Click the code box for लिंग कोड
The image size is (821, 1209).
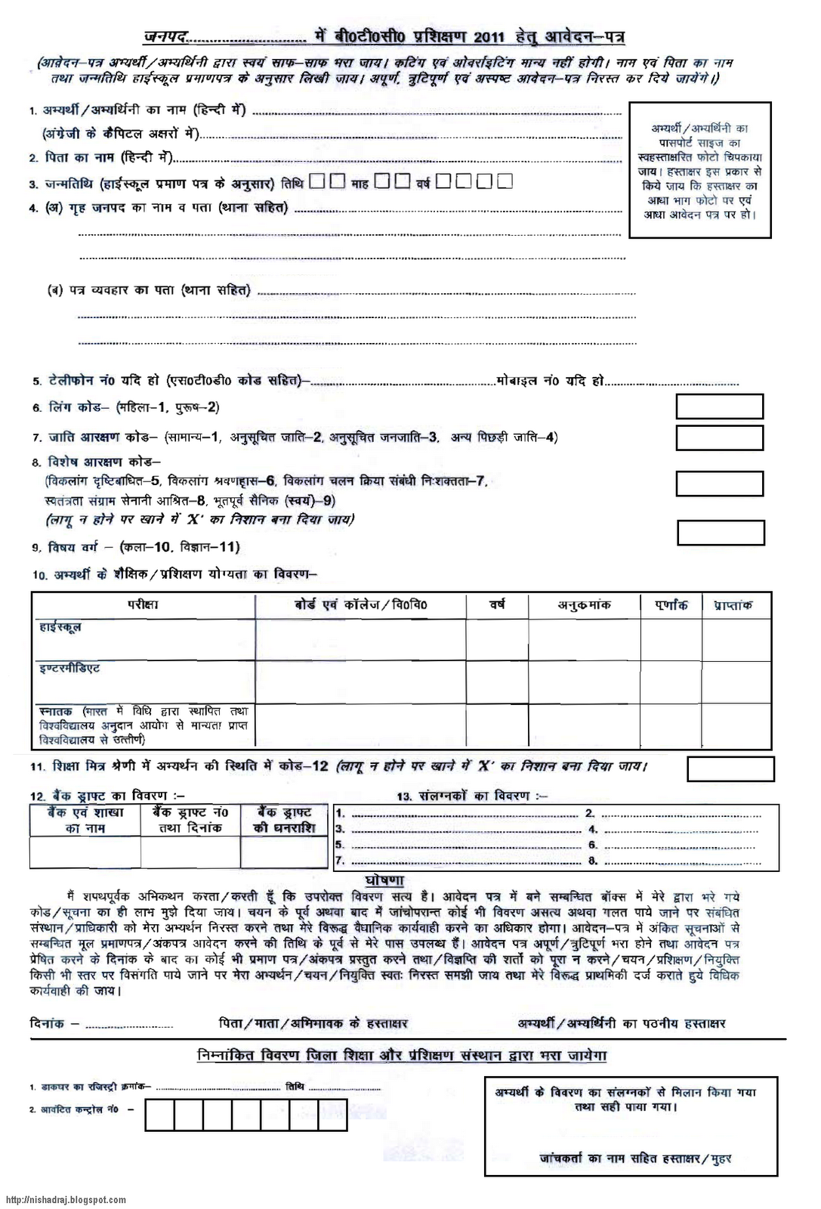click(x=719, y=407)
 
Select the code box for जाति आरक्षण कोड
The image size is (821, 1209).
click(x=719, y=438)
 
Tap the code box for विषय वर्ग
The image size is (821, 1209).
click(x=721, y=533)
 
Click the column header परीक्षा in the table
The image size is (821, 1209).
click(x=143, y=604)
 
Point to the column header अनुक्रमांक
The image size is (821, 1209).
click(x=584, y=604)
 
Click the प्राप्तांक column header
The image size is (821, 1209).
click(x=727, y=604)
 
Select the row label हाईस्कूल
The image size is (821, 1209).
click(x=60, y=627)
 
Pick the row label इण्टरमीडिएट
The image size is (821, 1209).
click(x=69, y=669)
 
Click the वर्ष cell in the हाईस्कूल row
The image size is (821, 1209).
click(x=496, y=639)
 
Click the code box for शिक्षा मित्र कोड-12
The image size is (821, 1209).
click(x=730, y=768)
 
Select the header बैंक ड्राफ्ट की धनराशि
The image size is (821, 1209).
click(x=283, y=820)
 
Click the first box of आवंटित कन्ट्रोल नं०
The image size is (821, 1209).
click(x=159, y=1115)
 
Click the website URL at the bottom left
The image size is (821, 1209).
click(x=66, y=1200)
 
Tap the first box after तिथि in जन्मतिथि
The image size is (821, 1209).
click(x=317, y=182)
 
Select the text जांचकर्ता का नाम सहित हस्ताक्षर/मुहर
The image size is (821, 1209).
click(x=635, y=1158)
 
